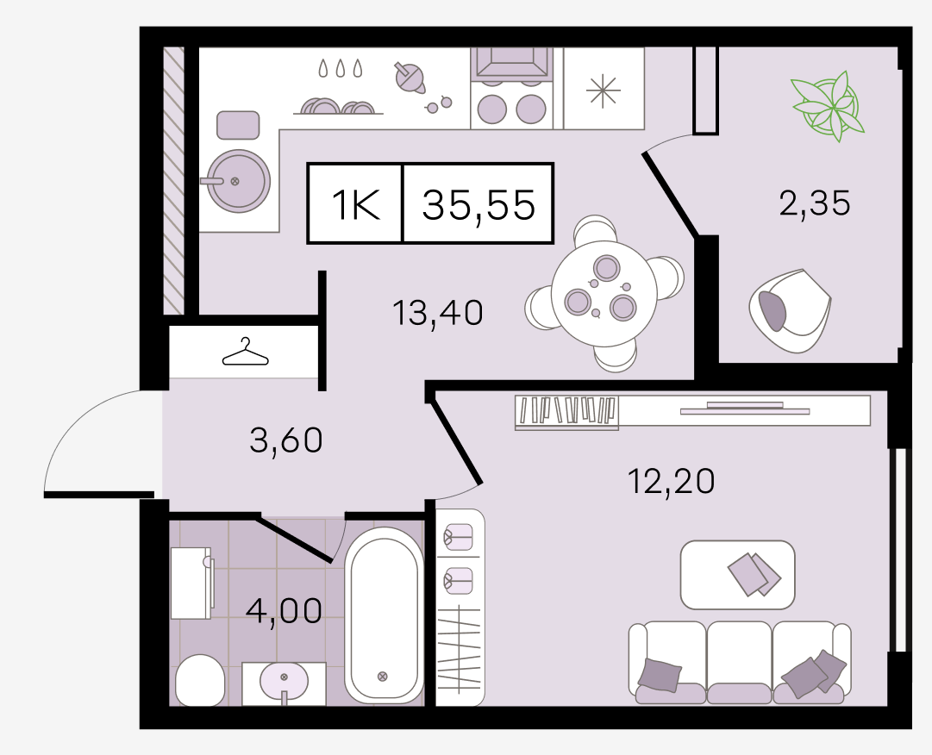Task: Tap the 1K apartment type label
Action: pyautogui.click(x=355, y=204)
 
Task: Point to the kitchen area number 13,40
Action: pyautogui.click(x=438, y=313)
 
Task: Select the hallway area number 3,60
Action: pyautogui.click(x=286, y=440)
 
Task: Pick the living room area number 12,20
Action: pyautogui.click(x=671, y=481)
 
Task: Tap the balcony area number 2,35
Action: pyautogui.click(x=814, y=203)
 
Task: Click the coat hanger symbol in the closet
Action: pyautogui.click(x=245, y=352)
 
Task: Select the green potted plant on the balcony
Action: pyautogui.click(x=828, y=106)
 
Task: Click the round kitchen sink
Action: pyautogui.click(x=238, y=181)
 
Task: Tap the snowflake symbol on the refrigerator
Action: pyautogui.click(x=603, y=90)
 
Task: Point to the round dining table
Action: pyautogui.click(x=604, y=293)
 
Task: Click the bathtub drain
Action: pyautogui.click(x=383, y=676)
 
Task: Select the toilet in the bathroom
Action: pyautogui.click(x=200, y=680)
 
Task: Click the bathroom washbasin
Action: pyautogui.click(x=285, y=681)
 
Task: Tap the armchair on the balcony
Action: pyautogui.click(x=790, y=310)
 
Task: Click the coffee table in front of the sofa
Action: pyautogui.click(x=738, y=574)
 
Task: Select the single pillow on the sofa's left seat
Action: pyautogui.click(x=660, y=676)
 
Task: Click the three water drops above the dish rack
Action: pyautogui.click(x=340, y=68)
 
